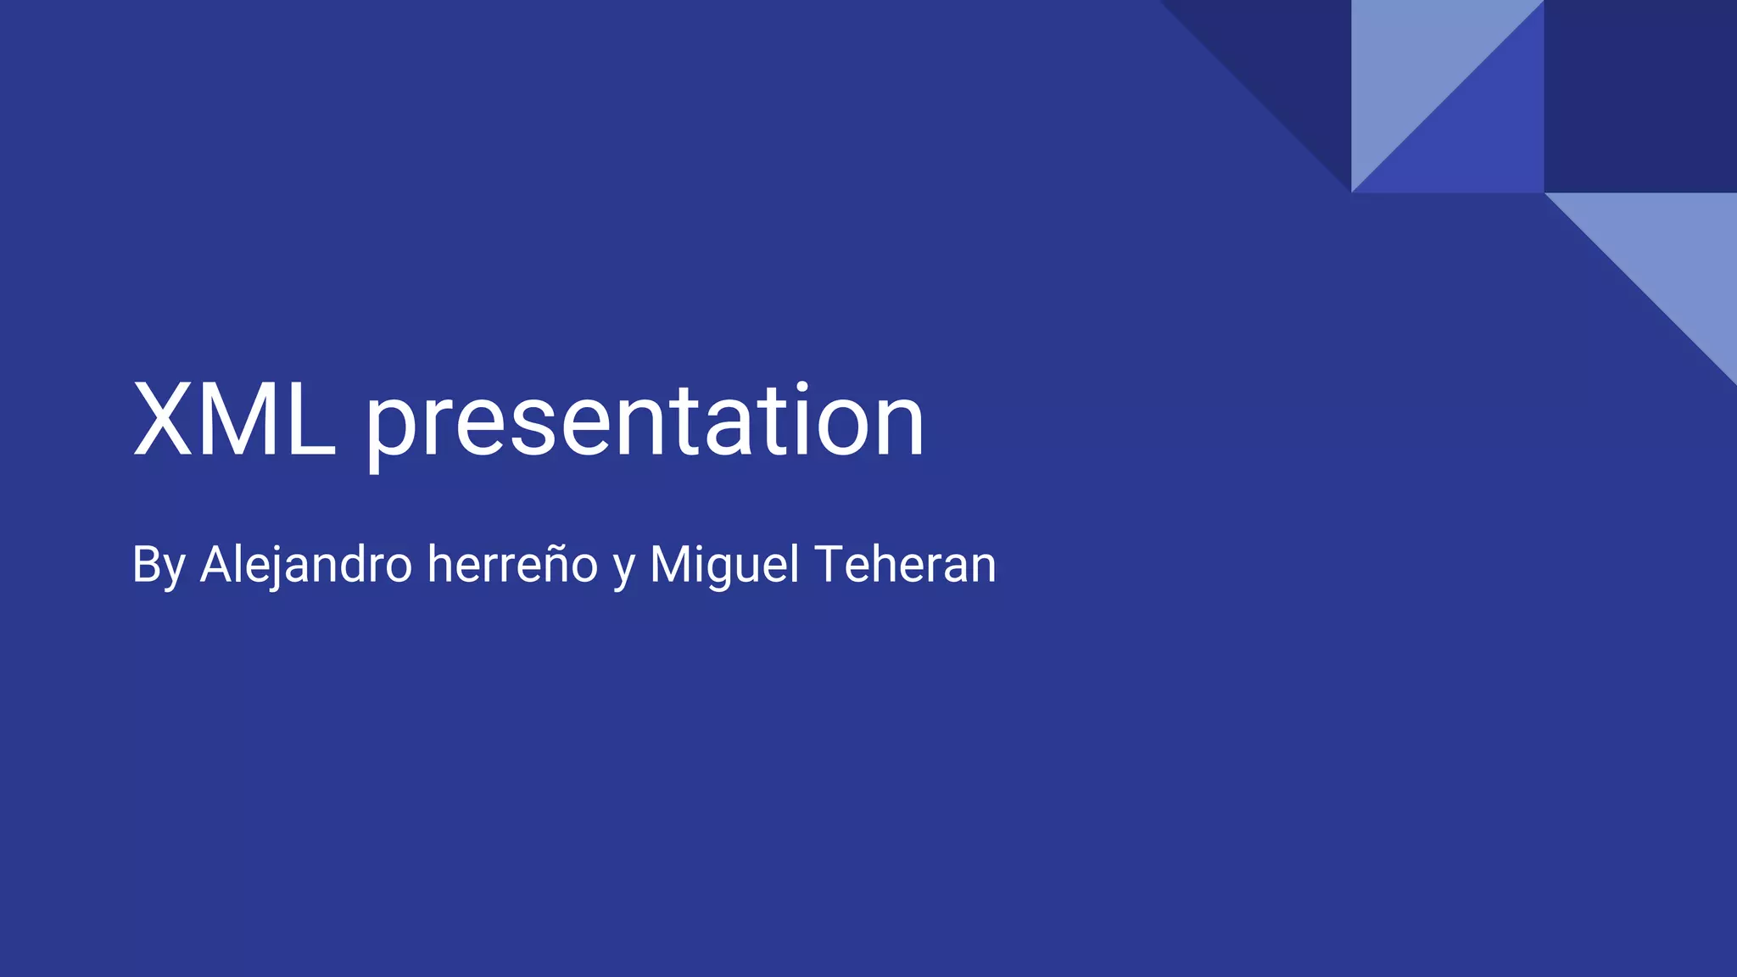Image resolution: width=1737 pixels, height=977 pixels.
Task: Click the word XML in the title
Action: tap(234, 421)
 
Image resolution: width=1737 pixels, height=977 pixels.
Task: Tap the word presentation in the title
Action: tap(645, 422)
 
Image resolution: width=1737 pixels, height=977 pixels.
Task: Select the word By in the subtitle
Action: tap(159, 566)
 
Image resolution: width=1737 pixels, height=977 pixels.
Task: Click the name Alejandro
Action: tap(306, 565)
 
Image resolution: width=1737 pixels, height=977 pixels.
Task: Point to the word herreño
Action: tap(512, 565)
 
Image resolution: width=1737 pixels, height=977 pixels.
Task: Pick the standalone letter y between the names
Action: tap(623, 568)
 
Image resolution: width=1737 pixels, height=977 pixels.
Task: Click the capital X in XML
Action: tap(163, 421)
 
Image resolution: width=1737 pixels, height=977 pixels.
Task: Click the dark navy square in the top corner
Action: tap(1640, 96)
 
